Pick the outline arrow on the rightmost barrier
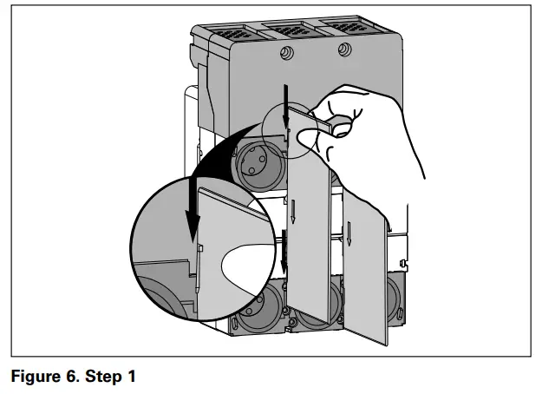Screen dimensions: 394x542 click(x=351, y=229)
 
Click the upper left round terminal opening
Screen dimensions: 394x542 click(x=258, y=162)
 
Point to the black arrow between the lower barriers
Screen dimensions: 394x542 click(x=284, y=252)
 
